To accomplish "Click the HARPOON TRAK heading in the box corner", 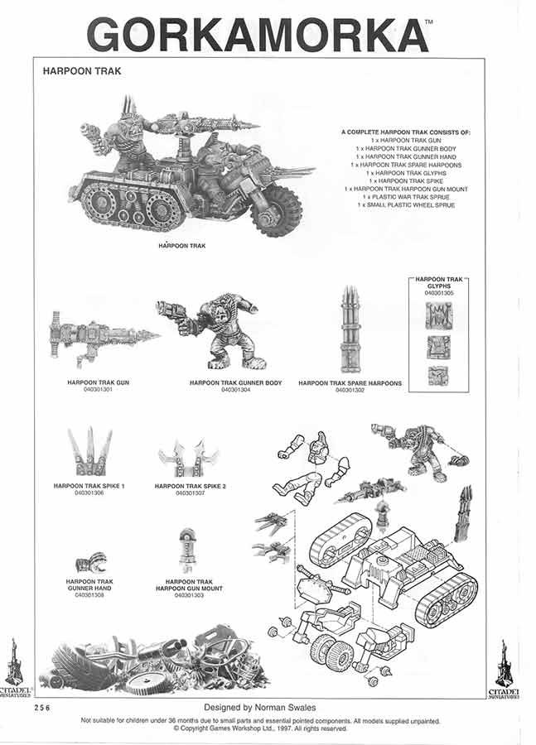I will coord(82,71).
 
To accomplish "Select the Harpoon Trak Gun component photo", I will coord(104,339).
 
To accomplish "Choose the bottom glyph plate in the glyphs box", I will coord(438,376).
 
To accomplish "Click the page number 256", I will coord(45,708).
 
